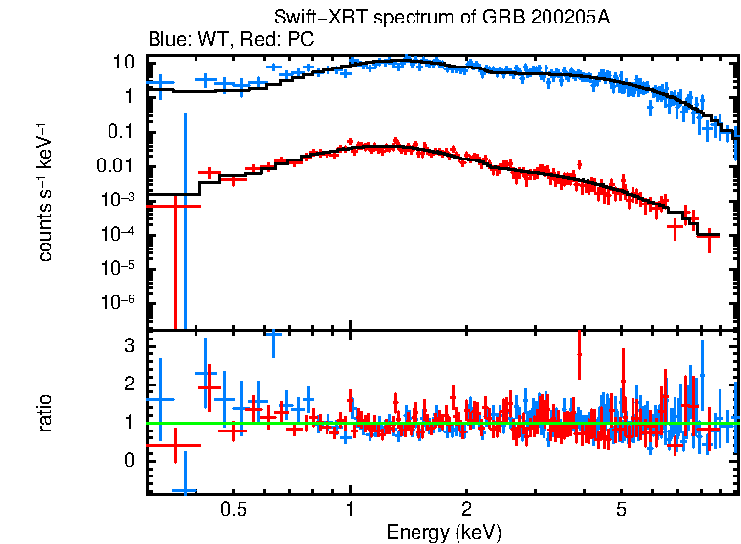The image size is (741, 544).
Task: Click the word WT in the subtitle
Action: [203, 40]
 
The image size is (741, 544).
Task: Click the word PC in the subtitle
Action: [298, 40]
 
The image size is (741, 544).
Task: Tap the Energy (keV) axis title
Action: [443, 532]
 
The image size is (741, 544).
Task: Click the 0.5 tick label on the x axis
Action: [233, 510]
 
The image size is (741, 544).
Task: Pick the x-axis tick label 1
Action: [350, 510]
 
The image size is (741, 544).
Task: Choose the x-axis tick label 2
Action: [467, 510]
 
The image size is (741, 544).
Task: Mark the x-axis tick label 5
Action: [622, 510]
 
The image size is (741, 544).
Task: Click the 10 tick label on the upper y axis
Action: [122, 62]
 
